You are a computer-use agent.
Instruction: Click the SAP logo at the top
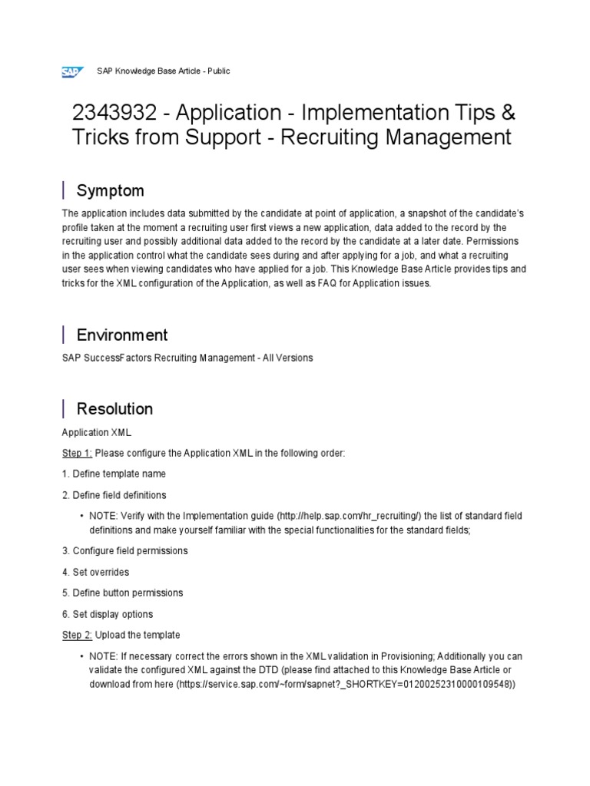tap(72, 71)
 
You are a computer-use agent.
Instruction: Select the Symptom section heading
tap(110, 190)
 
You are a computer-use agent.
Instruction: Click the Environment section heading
tap(121, 335)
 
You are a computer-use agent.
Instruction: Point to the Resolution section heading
tap(114, 408)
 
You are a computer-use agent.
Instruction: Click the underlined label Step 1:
tap(77, 454)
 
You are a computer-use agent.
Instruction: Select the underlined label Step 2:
tap(77, 635)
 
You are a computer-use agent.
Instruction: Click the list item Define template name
tap(114, 474)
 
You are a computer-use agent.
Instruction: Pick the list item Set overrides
tap(95, 572)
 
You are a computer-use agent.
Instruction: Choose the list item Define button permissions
tap(122, 593)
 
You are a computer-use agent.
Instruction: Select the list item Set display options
tap(108, 614)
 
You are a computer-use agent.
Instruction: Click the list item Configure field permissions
tap(124, 550)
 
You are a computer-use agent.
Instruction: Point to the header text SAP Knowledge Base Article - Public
tap(163, 71)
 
